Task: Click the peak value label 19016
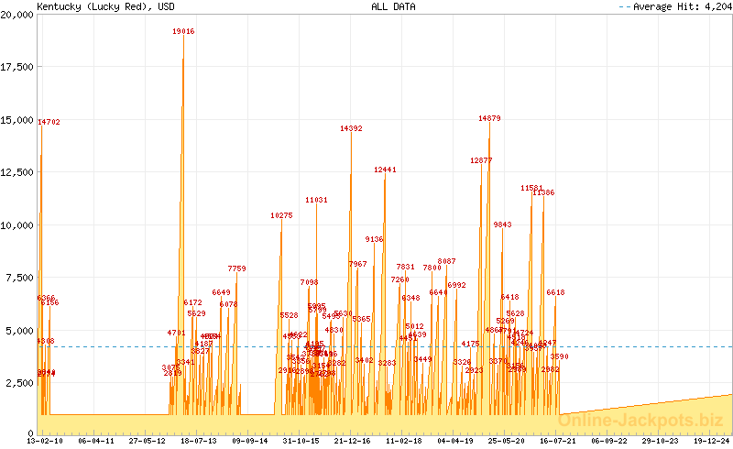click(x=183, y=31)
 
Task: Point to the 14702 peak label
click(x=49, y=121)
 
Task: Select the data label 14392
click(x=351, y=128)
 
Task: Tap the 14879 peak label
click(x=489, y=118)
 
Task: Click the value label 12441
click(x=385, y=170)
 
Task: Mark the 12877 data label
click(x=481, y=160)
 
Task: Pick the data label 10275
click(x=281, y=215)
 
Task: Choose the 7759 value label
click(x=236, y=268)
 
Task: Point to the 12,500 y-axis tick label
click(x=17, y=171)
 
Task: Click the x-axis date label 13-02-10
click(x=45, y=441)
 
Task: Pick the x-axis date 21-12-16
click(x=353, y=441)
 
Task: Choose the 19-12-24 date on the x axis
click(x=712, y=441)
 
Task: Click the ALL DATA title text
click(x=392, y=6)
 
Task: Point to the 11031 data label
click(x=316, y=200)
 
